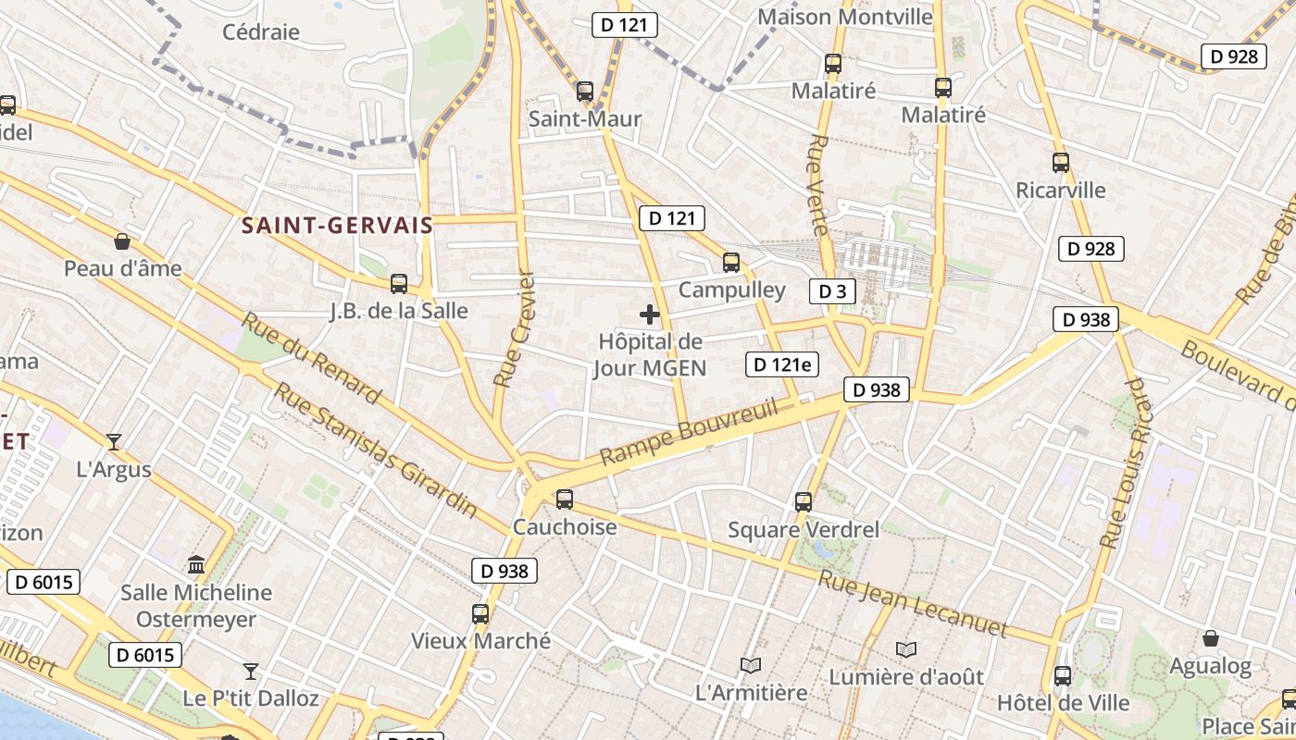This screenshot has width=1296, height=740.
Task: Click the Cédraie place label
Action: (261, 32)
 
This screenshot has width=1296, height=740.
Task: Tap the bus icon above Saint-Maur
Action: (584, 92)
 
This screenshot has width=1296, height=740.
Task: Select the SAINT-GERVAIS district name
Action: (337, 225)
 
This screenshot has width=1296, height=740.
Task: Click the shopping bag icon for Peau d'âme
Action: (121, 242)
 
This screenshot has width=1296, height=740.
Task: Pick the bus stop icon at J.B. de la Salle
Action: (399, 283)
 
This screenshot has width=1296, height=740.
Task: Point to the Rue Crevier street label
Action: (515, 329)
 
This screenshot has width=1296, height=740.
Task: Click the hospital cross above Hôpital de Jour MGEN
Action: (650, 314)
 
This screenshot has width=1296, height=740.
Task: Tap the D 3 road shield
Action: (832, 291)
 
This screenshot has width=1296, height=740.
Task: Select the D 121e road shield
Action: (782, 364)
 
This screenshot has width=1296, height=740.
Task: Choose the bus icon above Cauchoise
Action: (564, 499)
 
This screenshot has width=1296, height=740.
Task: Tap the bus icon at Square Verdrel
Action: (804, 502)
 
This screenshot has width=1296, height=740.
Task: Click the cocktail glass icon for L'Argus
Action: (114, 442)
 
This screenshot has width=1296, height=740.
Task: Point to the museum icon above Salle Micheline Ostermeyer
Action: (196, 564)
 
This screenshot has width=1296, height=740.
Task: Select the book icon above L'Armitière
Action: (751, 665)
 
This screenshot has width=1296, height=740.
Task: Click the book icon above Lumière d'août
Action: (906, 650)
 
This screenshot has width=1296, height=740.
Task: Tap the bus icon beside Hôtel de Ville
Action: (1062, 676)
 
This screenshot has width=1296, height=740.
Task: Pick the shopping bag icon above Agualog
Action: (1210, 638)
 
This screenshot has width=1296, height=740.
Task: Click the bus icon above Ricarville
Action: (1061, 163)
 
